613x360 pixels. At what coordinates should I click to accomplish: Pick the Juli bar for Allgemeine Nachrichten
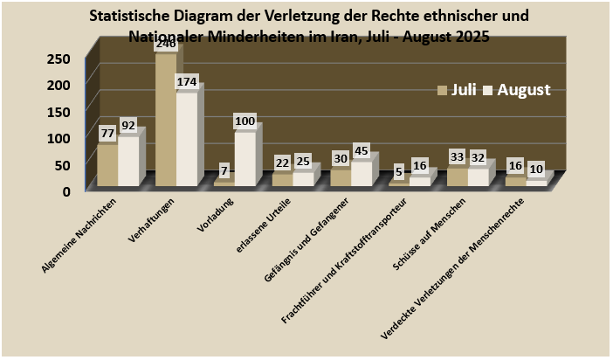107,165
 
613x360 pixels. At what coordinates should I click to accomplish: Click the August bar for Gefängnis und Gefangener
361,173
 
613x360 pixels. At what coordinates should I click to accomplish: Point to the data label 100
245,120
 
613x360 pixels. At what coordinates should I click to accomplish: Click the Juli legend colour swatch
442,90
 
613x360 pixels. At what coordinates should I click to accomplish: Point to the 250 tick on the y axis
59,59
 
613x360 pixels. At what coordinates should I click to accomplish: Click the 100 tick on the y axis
59,138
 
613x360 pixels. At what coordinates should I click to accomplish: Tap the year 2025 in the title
471,37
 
